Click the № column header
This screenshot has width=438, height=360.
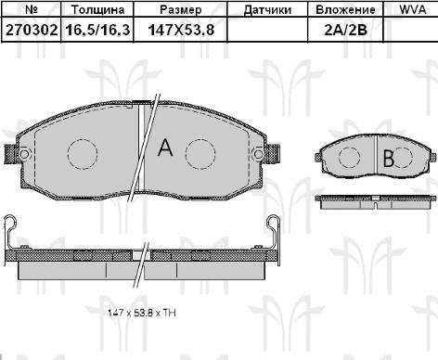point(32,9)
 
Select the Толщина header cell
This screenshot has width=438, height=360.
point(97,10)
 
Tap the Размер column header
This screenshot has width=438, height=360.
point(181,10)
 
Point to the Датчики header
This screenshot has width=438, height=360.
point(267,10)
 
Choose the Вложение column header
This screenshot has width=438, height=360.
point(345,10)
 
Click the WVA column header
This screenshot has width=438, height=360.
point(413,9)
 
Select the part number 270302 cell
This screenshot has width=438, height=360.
point(32,30)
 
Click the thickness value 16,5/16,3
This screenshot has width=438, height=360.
point(97,30)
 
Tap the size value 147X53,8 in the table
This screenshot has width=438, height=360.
point(181,30)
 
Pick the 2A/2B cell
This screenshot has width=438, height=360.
point(345,30)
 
